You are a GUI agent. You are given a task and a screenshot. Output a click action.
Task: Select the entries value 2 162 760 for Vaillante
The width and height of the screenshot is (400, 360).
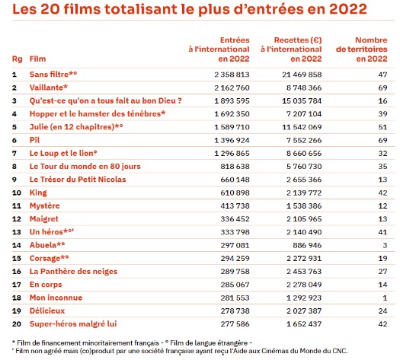[232, 88]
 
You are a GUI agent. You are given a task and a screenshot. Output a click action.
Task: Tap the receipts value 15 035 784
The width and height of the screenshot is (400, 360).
[302, 101]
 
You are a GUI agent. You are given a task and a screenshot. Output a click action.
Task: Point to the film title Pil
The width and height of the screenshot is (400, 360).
[34, 140]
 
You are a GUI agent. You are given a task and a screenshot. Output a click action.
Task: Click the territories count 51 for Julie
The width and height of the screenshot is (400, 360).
[382, 127]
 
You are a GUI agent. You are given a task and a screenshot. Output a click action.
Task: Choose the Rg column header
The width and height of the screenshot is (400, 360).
[17, 59]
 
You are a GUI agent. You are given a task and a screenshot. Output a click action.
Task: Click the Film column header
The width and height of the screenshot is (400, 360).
[38, 59]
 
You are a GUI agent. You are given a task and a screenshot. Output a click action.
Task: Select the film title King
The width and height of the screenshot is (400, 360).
[38, 193]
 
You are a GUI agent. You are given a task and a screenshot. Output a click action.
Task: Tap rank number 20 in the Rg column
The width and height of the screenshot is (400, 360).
[17, 324]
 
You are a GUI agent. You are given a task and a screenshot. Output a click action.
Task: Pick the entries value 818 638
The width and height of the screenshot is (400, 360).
[235, 167]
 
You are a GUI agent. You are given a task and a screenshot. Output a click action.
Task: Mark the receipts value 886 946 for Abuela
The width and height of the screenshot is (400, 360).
[307, 245]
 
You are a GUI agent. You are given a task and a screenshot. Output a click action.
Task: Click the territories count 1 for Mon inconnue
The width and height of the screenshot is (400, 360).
[385, 298]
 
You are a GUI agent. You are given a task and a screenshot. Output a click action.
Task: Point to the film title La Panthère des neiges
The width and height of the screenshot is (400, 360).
[73, 272]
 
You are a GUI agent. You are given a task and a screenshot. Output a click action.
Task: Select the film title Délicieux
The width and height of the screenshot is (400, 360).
[47, 311]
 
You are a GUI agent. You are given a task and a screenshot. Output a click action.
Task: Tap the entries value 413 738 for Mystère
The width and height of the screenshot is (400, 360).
[235, 205]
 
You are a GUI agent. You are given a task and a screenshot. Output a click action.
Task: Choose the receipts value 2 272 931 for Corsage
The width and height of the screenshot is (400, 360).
[304, 258]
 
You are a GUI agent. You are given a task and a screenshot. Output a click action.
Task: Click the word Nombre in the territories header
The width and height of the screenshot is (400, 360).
[371, 40]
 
